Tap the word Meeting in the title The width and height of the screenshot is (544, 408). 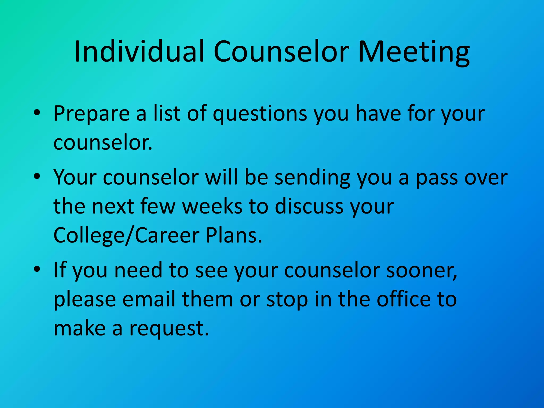[x=414, y=52]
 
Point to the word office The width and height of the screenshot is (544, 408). [x=403, y=299]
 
